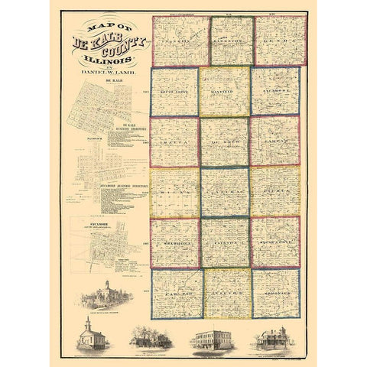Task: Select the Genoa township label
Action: pyautogui.click(x=276, y=37)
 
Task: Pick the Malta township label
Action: pyautogui.click(x=174, y=142)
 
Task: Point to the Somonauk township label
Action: pyautogui.click(x=276, y=294)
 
